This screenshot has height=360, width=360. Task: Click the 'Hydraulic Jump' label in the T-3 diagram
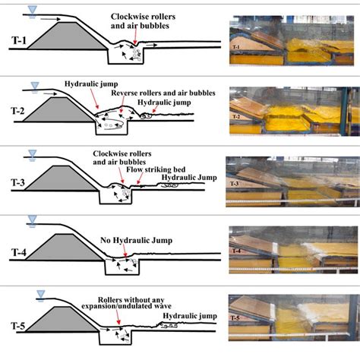[188, 175]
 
